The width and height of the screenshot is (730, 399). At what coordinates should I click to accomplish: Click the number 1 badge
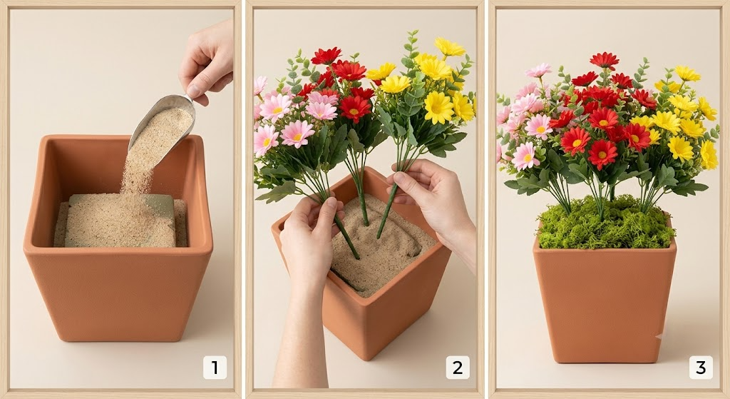215,368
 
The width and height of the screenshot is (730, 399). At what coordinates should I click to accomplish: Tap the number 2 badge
458,368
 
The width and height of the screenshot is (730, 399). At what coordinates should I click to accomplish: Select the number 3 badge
701,368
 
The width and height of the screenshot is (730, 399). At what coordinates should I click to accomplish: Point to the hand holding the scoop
207,61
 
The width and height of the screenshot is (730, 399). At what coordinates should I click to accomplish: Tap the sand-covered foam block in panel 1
120,221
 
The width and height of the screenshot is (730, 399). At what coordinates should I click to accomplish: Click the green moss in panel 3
605,222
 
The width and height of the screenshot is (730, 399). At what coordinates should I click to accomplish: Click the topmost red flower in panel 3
605,60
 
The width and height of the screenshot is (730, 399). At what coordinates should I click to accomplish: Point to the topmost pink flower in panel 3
538,71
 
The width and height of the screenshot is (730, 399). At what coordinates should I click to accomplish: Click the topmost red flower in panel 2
326,56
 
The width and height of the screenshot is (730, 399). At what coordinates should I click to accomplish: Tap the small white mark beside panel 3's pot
659,335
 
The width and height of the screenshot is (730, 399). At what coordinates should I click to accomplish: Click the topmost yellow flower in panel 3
688,74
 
